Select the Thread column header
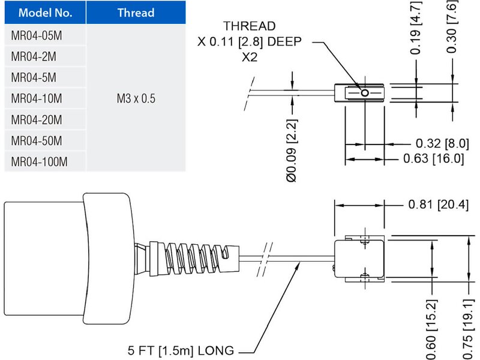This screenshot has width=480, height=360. [x=136, y=13]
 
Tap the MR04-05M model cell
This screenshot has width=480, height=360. [x=37, y=35]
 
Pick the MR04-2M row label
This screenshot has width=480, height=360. [x=34, y=56]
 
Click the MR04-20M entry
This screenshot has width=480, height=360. [x=37, y=119]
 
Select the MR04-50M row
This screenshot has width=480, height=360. [x=37, y=140]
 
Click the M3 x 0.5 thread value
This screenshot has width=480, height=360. [x=136, y=98]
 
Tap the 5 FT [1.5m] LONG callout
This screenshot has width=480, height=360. [x=180, y=350]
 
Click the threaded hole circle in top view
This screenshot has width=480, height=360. [x=364, y=93]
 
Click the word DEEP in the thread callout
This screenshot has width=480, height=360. [x=282, y=42]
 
